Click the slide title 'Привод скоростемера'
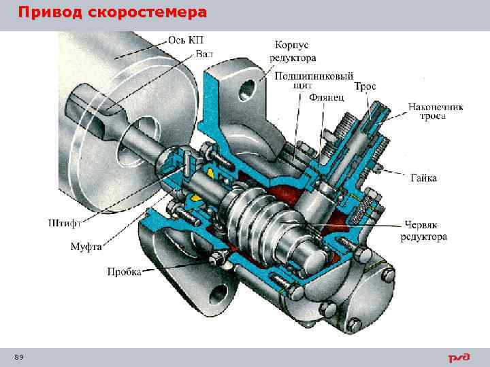[x=112, y=13]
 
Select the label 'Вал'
[x=204, y=54]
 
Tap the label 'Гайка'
[x=424, y=178]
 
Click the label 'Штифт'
[x=65, y=222]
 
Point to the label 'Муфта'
[x=86, y=247]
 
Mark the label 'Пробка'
[x=124, y=272]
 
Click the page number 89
[x=18, y=357]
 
